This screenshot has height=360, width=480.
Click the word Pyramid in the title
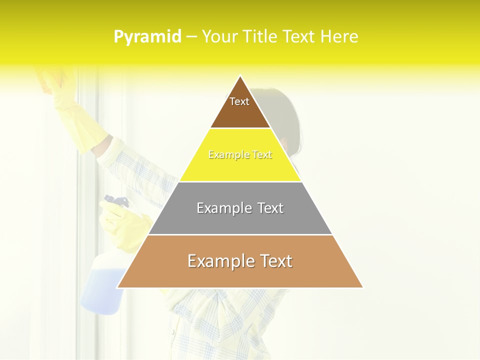point(147,37)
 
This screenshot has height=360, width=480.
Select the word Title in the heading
point(261,37)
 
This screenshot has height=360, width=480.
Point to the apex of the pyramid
point(240,76)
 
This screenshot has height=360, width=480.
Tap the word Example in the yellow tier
point(223,155)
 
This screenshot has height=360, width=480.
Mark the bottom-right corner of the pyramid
point(362,287)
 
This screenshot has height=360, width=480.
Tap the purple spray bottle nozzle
point(116,202)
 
